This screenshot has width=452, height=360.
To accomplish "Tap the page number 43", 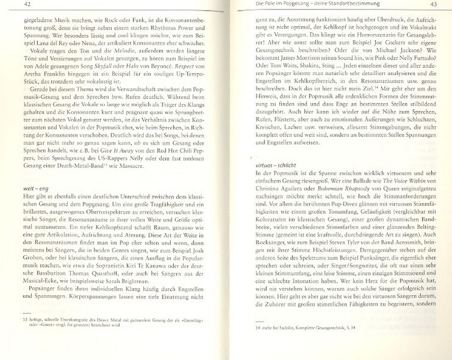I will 432,5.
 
